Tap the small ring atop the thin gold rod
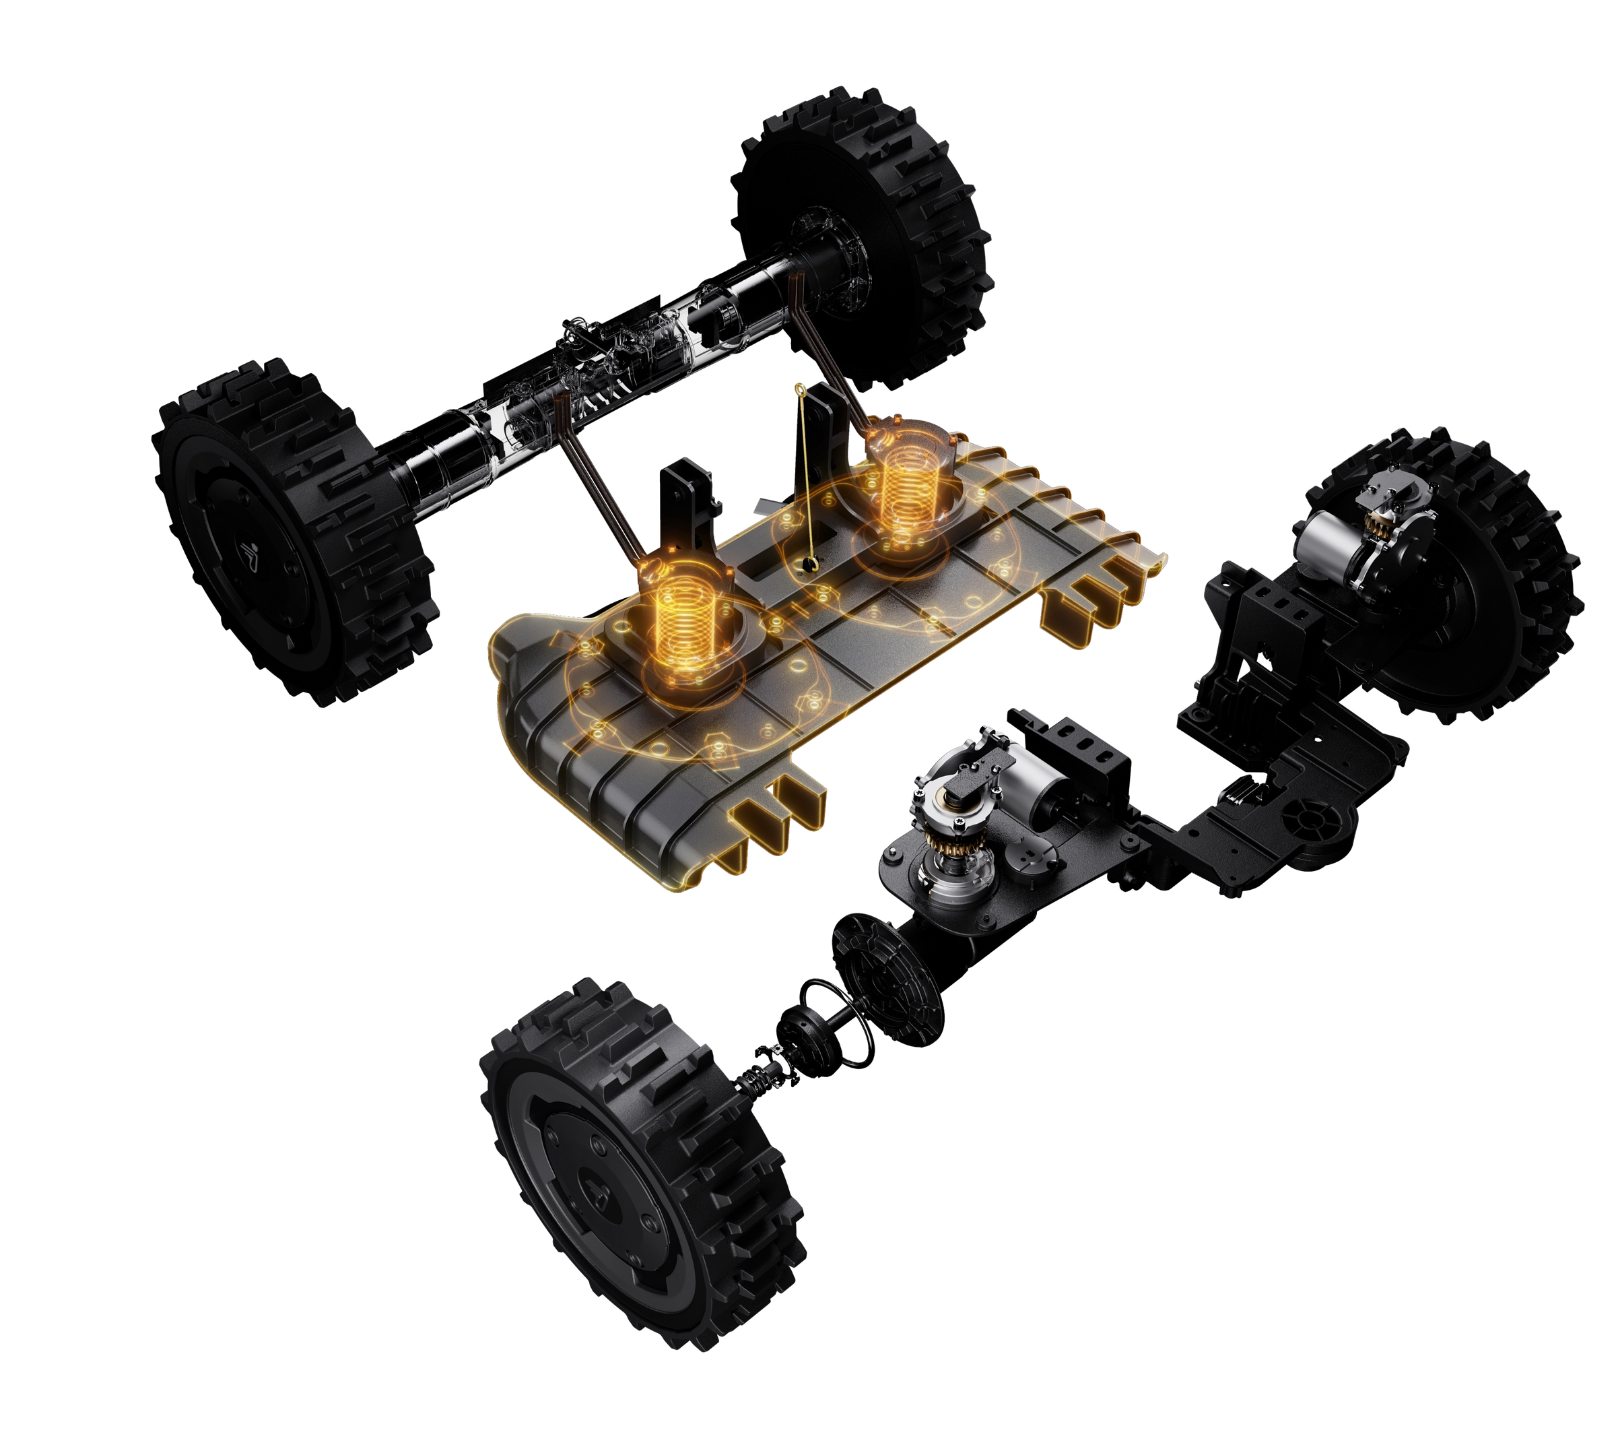coord(797,389)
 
